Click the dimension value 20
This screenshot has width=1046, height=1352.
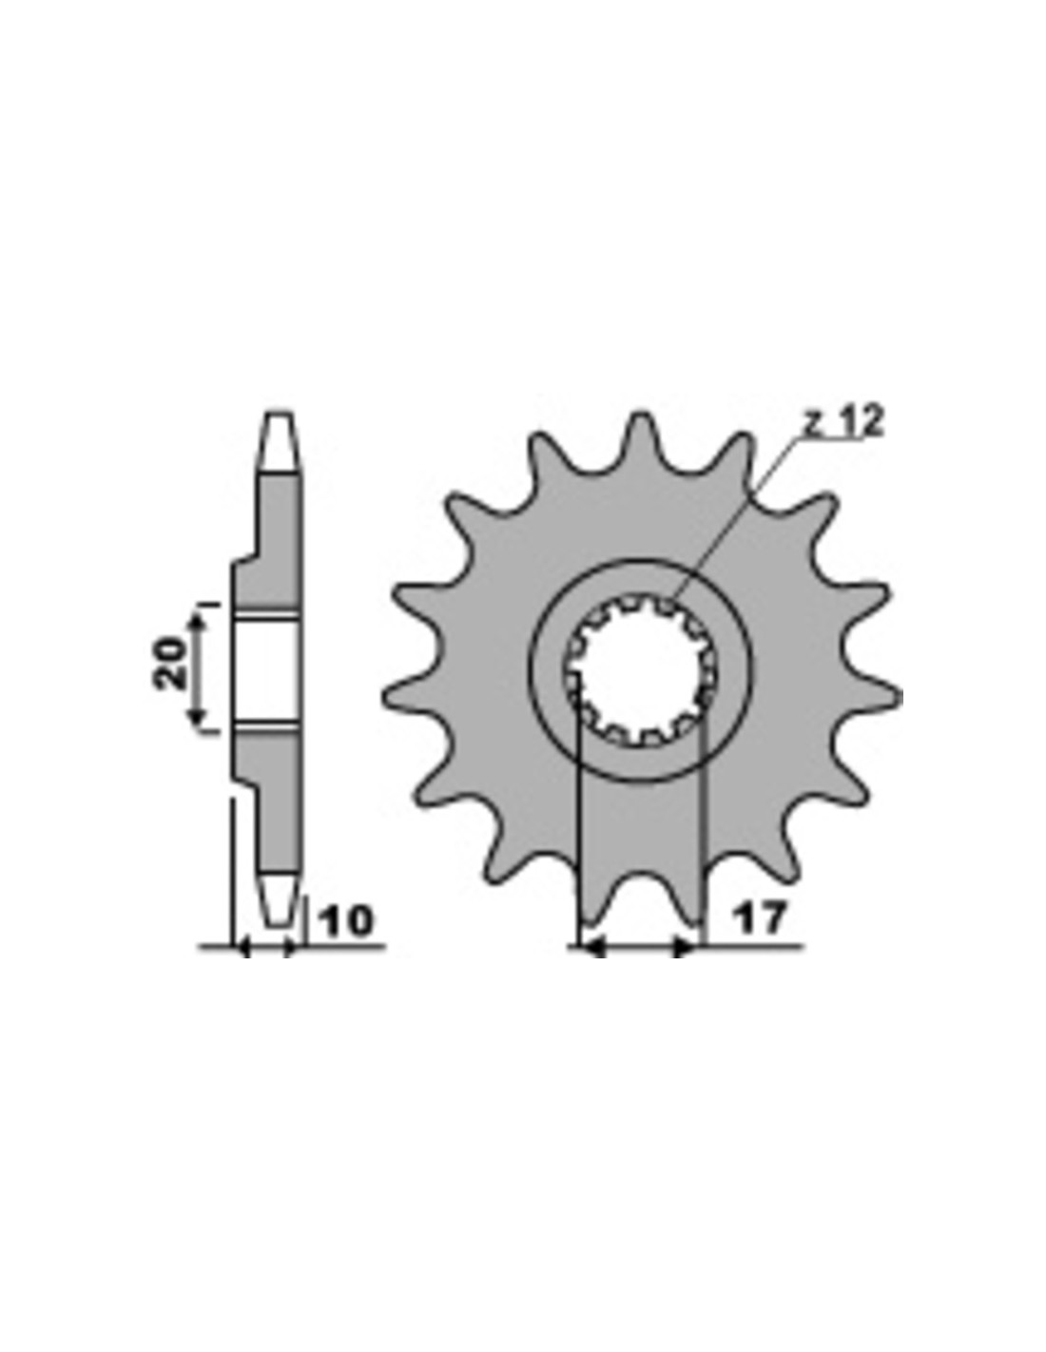click(x=170, y=664)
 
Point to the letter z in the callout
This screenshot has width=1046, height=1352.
click(x=811, y=426)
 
